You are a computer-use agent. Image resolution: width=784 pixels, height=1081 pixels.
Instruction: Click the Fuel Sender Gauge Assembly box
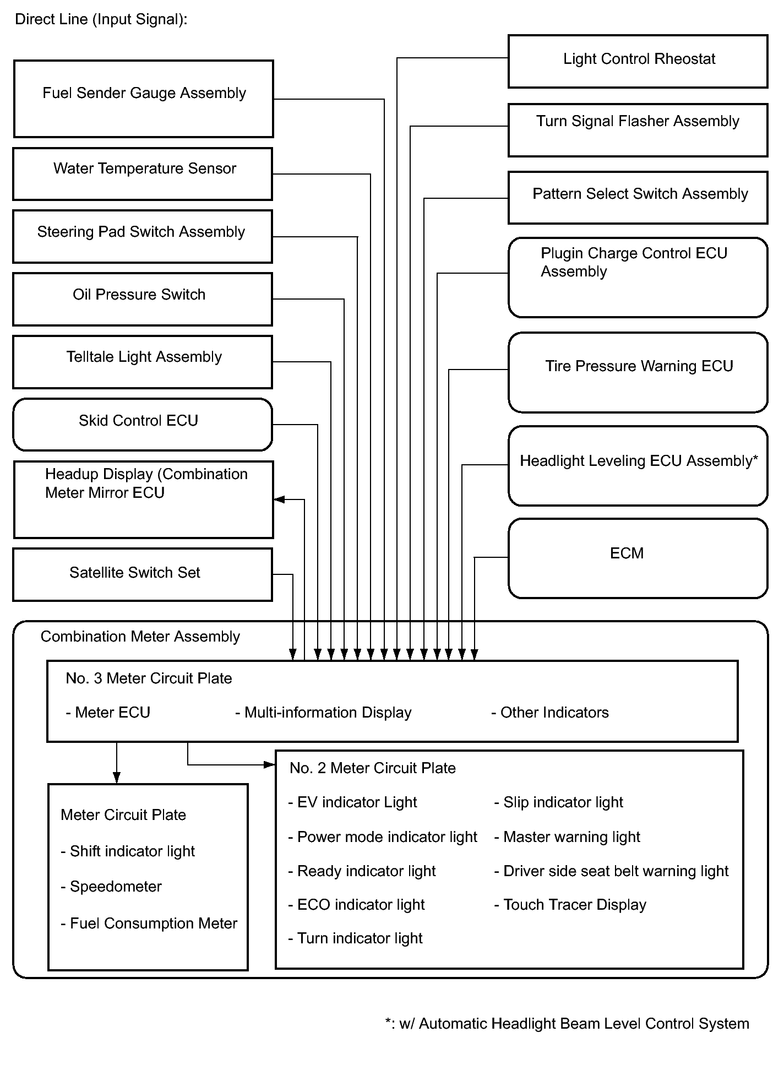(143, 99)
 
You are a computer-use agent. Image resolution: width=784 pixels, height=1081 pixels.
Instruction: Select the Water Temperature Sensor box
(143, 173)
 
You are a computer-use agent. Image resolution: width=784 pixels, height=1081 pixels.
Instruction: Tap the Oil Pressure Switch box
(143, 299)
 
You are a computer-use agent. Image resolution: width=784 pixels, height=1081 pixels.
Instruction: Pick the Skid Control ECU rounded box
(143, 425)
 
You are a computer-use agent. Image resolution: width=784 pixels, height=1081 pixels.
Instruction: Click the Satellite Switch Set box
(143, 574)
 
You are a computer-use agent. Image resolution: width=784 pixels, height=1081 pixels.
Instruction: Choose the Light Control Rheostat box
(638, 61)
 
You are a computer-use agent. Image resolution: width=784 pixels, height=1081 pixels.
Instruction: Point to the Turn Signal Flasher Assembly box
(638, 130)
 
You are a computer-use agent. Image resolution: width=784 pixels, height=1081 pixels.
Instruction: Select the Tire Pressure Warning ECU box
(638, 372)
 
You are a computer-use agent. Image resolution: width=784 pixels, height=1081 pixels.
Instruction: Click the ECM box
(638, 558)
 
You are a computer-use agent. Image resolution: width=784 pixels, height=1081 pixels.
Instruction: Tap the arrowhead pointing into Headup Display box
(280, 499)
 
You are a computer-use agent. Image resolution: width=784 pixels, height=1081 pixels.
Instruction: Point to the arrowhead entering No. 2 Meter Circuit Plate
(269, 764)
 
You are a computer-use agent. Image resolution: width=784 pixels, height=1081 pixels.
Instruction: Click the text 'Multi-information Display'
(328, 713)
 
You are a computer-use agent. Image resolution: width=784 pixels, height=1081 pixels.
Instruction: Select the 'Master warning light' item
(571, 837)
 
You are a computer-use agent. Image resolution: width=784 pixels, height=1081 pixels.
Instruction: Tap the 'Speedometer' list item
(116, 887)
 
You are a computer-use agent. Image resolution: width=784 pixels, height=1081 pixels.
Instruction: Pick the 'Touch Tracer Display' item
(574, 905)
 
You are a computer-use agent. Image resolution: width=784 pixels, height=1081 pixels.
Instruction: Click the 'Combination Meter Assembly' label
(140, 637)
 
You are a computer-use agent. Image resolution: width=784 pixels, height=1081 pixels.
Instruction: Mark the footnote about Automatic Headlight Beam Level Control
(567, 1024)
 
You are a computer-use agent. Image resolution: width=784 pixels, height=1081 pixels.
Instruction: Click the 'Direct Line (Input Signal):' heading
(101, 19)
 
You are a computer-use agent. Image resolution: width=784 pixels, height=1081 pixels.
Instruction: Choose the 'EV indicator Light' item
(357, 802)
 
